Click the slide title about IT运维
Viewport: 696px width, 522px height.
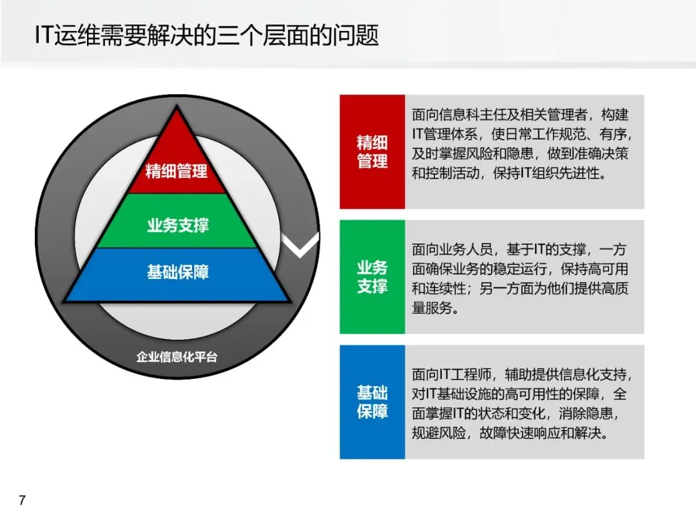[206, 35]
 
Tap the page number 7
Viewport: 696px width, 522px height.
[23, 500]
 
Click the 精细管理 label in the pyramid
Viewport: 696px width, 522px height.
[177, 171]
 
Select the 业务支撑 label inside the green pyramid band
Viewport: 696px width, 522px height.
[178, 226]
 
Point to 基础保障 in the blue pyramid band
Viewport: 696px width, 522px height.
[178, 272]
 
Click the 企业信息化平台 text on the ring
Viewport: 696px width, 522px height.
[177, 356]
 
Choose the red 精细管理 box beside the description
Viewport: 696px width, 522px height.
[372, 151]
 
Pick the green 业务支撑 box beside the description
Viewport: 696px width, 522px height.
[372, 276]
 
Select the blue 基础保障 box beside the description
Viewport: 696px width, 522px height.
[372, 401]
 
